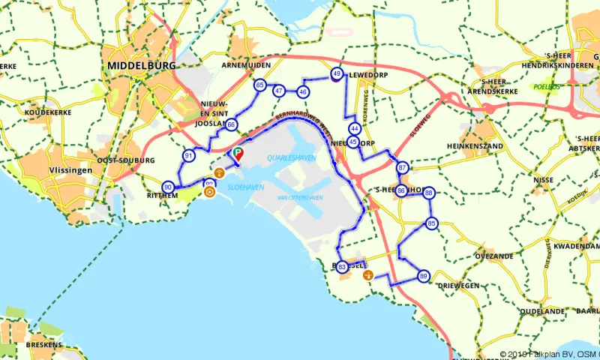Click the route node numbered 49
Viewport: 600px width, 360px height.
[x=337, y=73]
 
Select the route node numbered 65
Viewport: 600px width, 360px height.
[x=259, y=85]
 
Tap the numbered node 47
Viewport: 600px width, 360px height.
[x=279, y=91]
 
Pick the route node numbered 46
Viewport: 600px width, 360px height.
[x=303, y=91]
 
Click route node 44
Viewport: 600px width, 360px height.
[x=355, y=129]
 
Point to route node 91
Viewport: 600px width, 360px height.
[x=188, y=156]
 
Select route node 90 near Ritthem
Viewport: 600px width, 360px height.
[x=168, y=187]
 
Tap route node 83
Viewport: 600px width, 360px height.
[x=343, y=266]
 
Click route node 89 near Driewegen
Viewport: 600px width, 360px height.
[x=424, y=276]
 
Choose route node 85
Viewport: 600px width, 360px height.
[x=431, y=223]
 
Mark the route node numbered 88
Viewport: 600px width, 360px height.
[x=429, y=193]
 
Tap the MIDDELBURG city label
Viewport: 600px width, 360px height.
[x=141, y=66]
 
